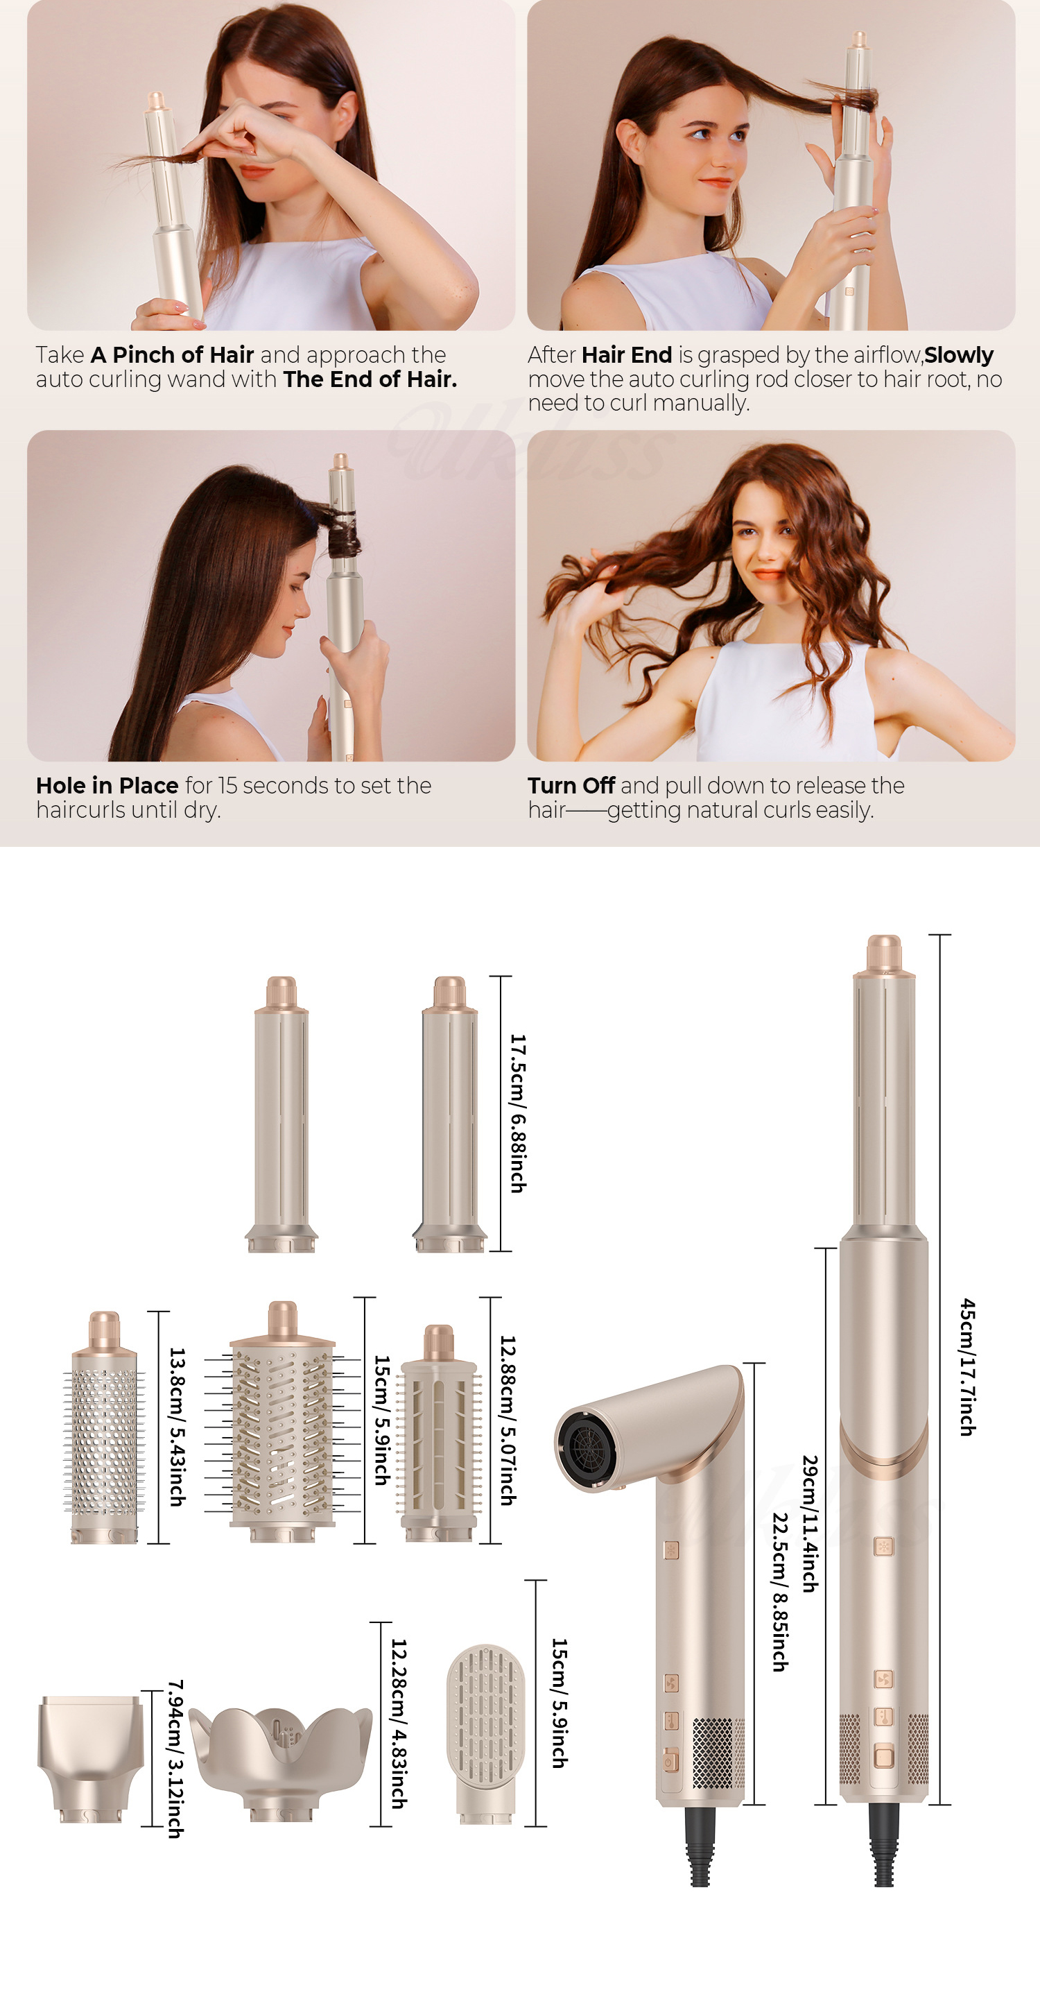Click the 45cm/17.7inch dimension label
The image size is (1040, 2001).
967,1367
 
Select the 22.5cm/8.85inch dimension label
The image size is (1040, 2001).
780,1592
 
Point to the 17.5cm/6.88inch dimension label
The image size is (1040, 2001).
517,1113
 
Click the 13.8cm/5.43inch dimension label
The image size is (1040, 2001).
177,1427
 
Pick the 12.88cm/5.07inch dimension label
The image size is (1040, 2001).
508,1420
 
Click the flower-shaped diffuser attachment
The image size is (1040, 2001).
280,1760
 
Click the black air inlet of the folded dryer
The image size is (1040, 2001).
588,1445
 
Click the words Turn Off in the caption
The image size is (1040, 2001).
571,785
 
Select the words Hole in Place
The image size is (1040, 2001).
107,785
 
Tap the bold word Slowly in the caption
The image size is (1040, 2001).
958,355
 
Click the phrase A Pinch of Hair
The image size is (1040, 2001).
173,355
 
